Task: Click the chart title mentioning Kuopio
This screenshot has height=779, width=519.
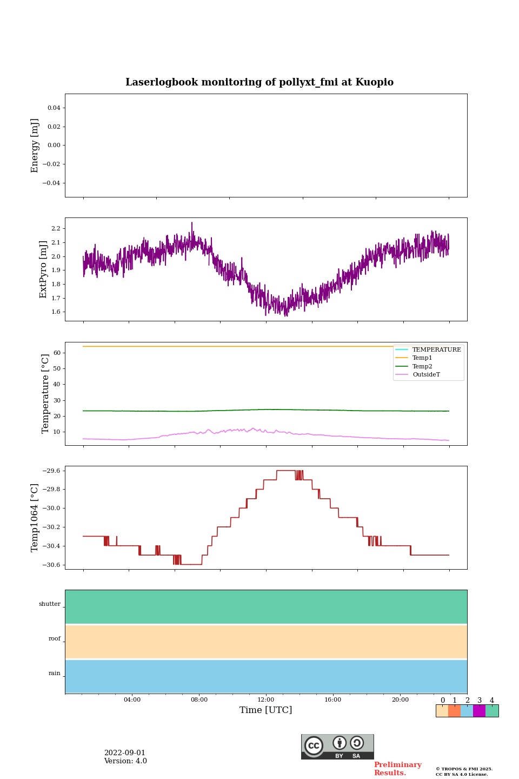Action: point(259,82)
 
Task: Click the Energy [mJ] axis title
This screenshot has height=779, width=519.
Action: point(35,146)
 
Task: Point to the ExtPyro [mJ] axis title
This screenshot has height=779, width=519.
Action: point(44,269)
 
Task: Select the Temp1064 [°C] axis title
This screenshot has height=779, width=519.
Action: point(35,518)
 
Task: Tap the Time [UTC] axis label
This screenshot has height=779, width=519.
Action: point(265,710)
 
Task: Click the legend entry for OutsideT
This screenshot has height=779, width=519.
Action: point(426,374)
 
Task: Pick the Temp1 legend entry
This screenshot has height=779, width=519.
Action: point(422,358)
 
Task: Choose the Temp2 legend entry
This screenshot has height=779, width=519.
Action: point(422,366)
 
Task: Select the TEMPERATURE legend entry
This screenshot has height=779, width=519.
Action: point(436,349)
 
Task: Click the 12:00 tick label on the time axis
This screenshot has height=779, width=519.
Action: point(265,699)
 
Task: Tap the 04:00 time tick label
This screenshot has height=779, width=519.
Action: point(132,699)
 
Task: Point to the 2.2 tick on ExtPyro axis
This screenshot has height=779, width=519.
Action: point(55,229)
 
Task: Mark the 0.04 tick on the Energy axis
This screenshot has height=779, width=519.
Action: point(54,108)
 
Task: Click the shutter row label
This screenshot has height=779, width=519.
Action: point(50,604)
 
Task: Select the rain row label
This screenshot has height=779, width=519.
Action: point(55,674)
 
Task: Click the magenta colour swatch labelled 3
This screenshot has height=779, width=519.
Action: point(479,711)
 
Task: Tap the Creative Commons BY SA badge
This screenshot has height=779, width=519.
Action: point(337,747)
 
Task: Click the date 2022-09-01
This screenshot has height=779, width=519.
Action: point(125,752)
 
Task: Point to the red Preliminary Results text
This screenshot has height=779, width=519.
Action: point(397,769)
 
